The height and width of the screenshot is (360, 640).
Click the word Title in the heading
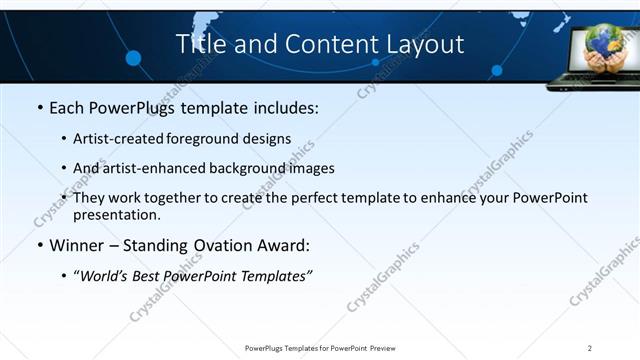[x=200, y=44]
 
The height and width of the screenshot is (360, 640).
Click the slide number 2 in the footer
[x=590, y=348]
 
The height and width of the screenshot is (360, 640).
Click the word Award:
[x=288, y=244]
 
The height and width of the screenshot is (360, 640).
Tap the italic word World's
[x=105, y=274]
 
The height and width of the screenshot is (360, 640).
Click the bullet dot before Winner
[x=39, y=244]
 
